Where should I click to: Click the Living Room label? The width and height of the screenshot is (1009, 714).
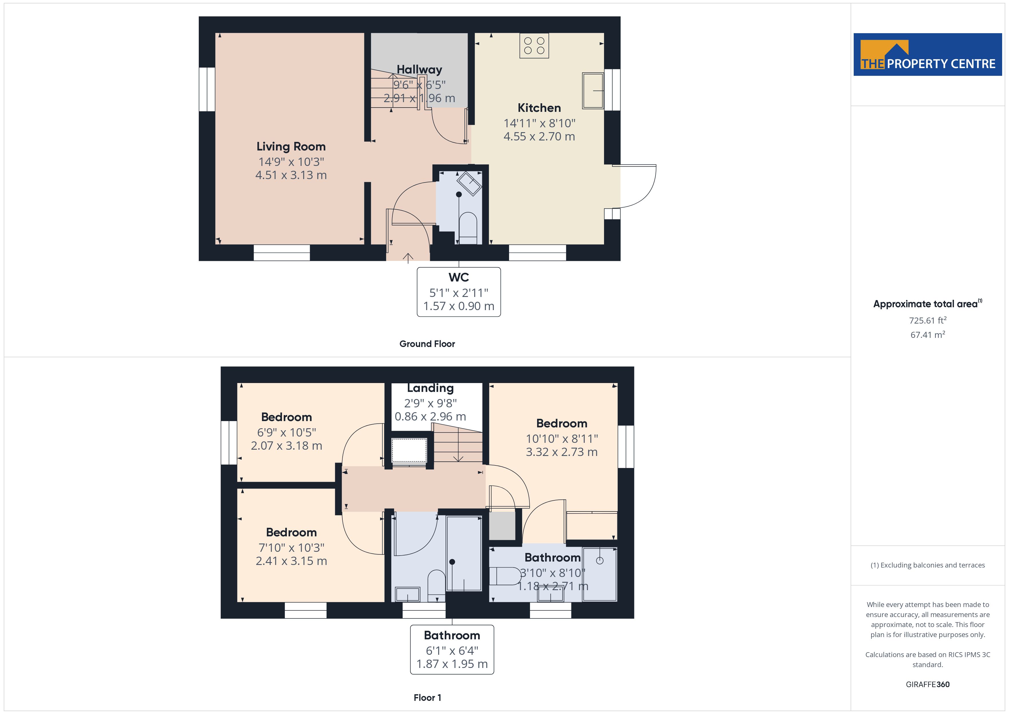point(291,146)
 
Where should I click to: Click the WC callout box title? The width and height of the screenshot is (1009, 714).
point(458,277)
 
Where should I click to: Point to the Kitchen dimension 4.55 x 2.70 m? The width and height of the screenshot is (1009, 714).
point(539,137)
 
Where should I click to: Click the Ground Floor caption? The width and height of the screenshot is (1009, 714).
point(427,344)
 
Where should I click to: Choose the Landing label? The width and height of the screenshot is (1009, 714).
point(430,388)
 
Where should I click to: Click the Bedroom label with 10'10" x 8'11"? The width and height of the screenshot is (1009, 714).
point(562,423)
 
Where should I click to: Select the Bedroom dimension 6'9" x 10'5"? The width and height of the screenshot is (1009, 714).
point(287,433)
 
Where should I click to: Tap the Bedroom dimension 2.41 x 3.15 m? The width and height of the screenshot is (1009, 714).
point(291,561)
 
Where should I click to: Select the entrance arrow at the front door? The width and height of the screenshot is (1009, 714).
point(408,258)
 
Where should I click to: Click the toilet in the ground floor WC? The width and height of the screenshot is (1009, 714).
point(468,227)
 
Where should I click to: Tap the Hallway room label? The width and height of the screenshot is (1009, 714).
point(419,70)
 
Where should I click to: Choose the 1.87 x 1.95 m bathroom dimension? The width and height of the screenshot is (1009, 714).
point(452,664)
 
